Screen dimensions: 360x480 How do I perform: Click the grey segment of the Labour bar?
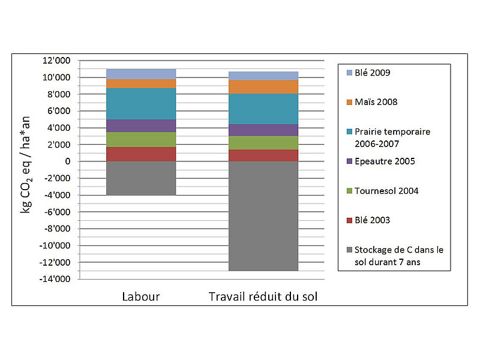(x=141, y=178)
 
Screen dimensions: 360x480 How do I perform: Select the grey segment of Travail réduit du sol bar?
(x=263, y=216)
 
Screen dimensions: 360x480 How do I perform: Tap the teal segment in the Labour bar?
(x=141, y=104)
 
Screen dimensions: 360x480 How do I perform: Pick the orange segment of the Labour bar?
(x=141, y=83)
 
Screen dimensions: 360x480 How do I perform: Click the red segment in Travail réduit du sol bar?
(x=263, y=155)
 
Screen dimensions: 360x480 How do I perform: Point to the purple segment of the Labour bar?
(x=141, y=125)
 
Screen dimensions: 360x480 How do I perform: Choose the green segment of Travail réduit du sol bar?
(x=263, y=142)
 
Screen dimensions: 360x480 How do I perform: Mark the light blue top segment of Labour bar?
(x=141, y=74)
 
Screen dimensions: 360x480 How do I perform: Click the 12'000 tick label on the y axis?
(x=73, y=61)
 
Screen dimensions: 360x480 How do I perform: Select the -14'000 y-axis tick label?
(x=72, y=279)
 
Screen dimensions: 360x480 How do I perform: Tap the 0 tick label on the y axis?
(x=85, y=161)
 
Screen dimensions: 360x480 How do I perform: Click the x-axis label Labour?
(x=141, y=296)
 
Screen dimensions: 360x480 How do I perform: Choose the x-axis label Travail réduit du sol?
(x=263, y=296)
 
